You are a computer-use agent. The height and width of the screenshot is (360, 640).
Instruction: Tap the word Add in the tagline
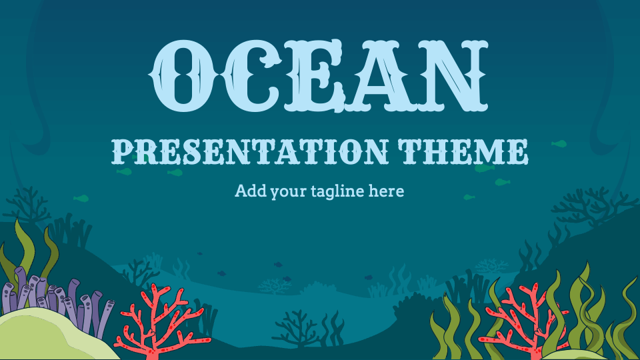coord(249,191)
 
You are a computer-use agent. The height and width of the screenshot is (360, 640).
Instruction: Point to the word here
coord(387,191)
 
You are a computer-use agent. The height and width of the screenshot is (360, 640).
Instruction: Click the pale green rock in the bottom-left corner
coord(47,337)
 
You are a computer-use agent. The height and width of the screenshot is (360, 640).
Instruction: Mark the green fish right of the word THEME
coord(559,143)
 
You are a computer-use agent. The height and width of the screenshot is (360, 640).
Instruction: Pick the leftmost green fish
coord(81,198)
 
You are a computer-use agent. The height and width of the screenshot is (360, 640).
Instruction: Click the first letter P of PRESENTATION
coord(119,151)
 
